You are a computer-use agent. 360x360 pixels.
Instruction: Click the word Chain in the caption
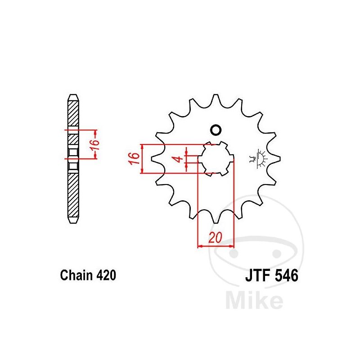tap(76, 275)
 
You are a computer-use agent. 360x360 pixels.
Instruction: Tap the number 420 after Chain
tap(106, 275)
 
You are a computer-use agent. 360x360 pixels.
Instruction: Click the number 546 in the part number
tap(286, 275)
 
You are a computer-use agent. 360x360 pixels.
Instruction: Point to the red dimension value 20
tap(216, 238)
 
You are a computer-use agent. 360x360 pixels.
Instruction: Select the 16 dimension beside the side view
tap(94, 145)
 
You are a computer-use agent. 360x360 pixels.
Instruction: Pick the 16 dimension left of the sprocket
tap(134, 158)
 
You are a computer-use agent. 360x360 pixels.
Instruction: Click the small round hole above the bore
tap(216, 130)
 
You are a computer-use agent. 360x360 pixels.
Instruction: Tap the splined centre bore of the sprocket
tap(216, 159)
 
